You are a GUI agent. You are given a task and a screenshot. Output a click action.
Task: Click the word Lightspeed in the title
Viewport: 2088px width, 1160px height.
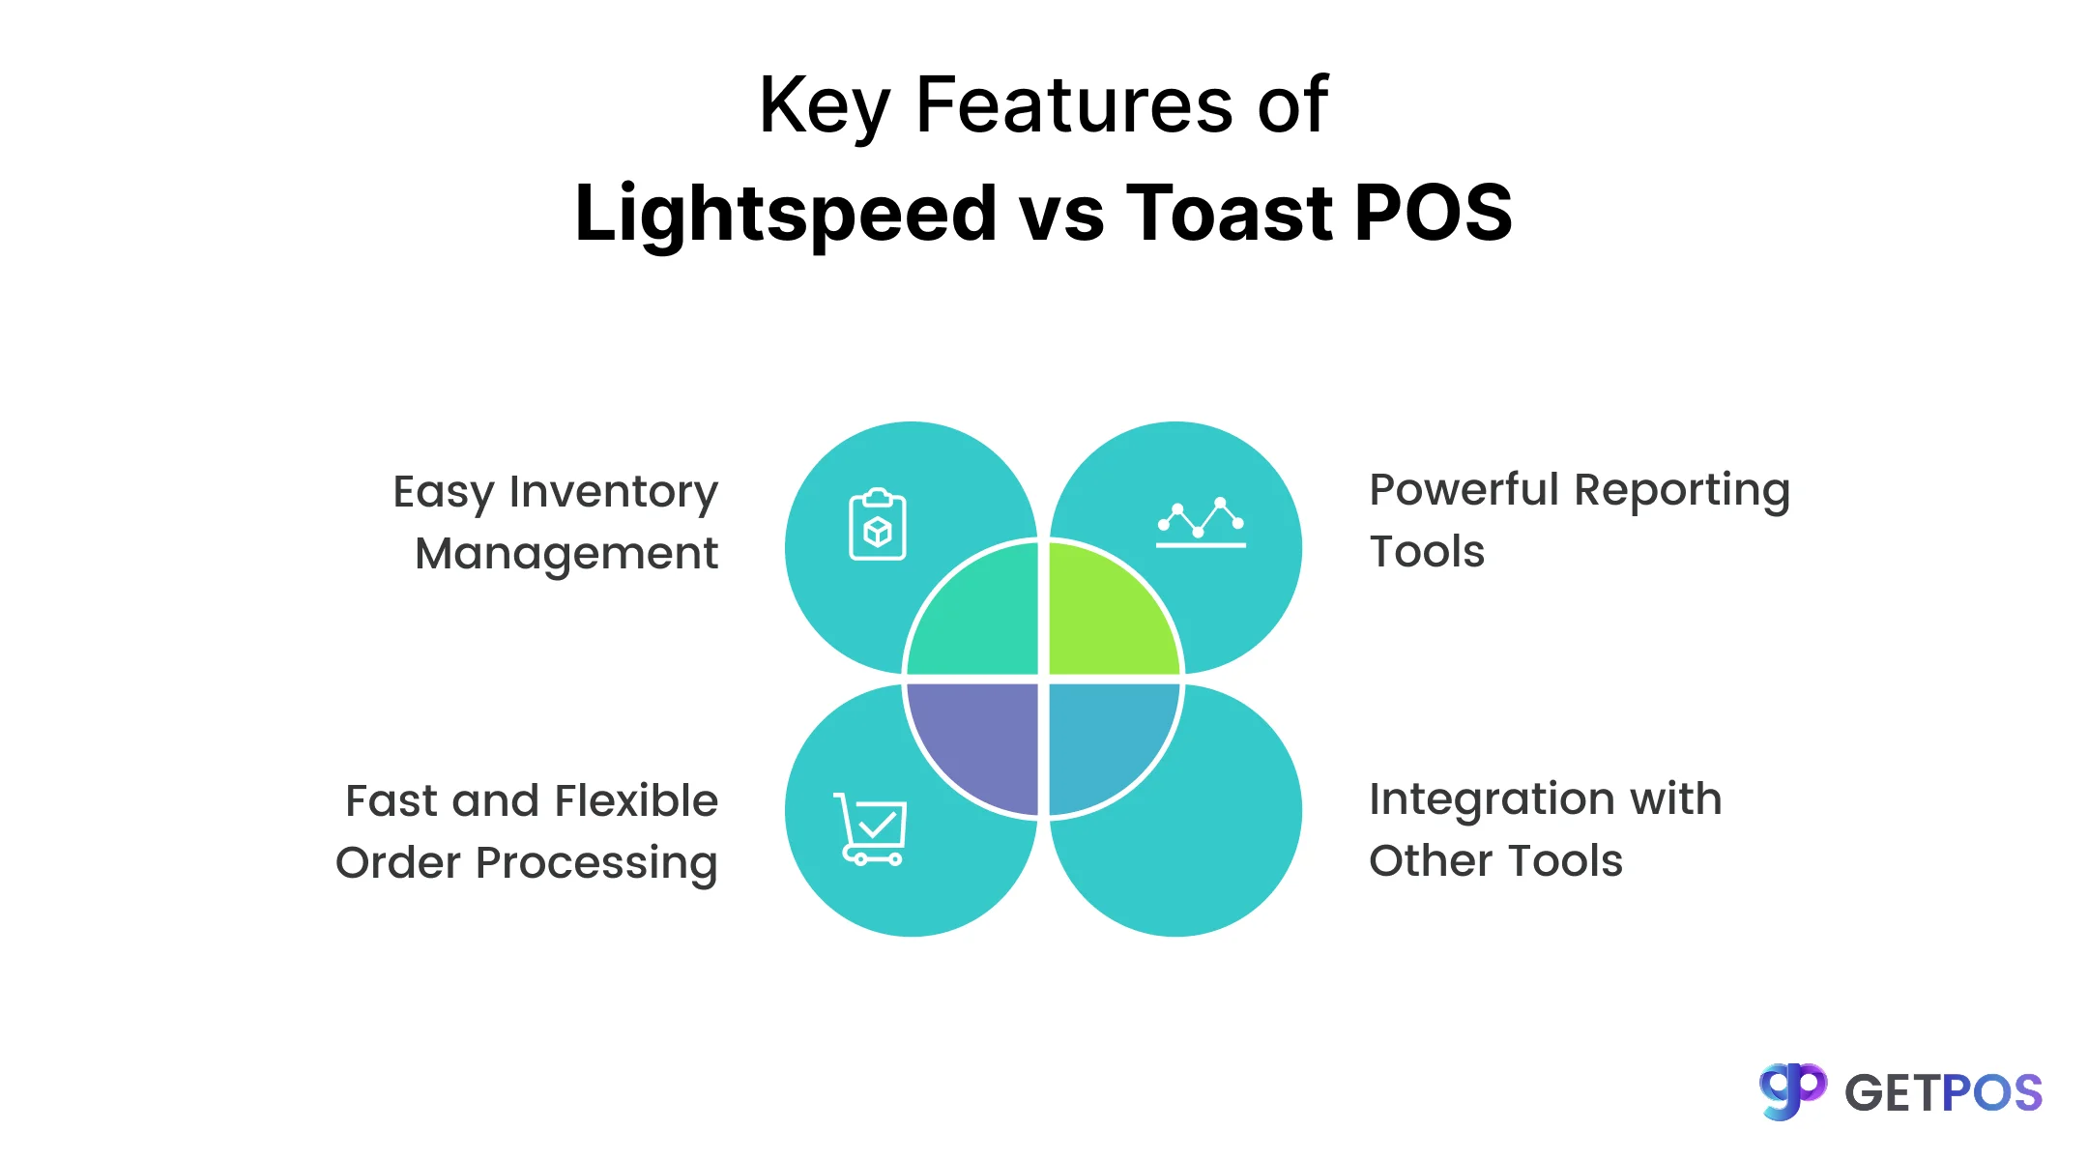tap(785, 215)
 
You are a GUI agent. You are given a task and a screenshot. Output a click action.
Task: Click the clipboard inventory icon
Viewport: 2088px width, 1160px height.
tap(878, 525)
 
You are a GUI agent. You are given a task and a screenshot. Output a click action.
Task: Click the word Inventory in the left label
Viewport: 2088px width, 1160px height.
tap(614, 492)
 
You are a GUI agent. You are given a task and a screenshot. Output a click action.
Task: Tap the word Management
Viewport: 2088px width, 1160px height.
tap(566, 555)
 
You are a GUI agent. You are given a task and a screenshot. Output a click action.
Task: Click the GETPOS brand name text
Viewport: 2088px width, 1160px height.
tap(1943, 1093)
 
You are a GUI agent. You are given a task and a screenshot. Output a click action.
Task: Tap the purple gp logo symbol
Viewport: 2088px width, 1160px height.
tap(1792, 1091)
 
